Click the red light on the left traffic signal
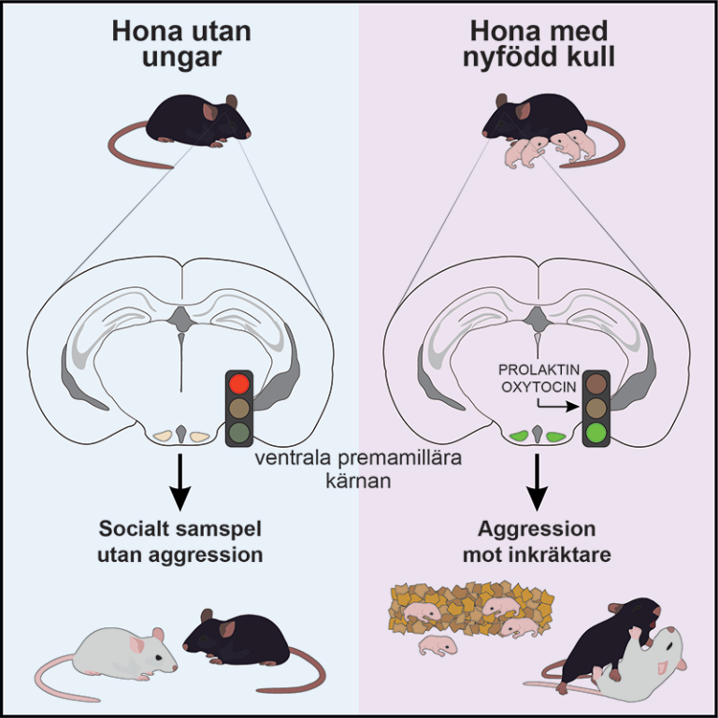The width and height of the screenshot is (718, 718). click(x=238, y=384)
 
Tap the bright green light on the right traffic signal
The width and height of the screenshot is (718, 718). click(x=596, y=433)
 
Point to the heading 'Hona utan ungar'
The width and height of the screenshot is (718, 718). click(x=178, y=43)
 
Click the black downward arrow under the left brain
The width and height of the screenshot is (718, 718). click(x=180, y=480)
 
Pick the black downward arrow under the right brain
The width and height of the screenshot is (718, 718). click(x=537, y=480)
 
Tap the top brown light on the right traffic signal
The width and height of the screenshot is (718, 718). click(x=596, y=384)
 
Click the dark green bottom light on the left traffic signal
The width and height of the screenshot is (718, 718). click(x=238, y=433)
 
